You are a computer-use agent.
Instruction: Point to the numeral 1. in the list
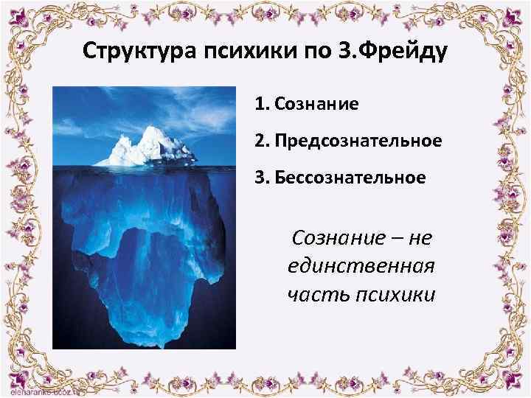click(x=262, y=104)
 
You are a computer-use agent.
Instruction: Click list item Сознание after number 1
click(x=316, y=104)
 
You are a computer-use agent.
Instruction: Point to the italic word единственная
click(x=361, y=265)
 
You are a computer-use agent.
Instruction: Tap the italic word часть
click(x=319, y=294)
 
